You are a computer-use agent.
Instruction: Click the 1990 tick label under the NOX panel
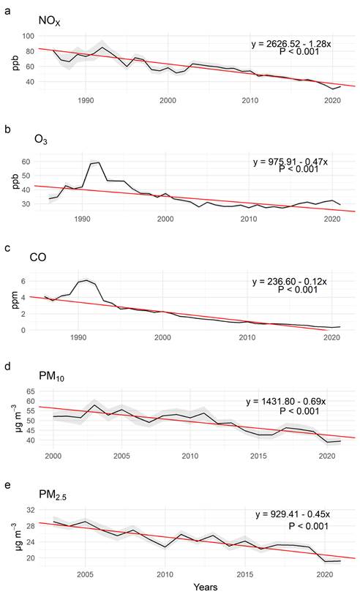(84, 100)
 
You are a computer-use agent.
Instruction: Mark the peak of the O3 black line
(98, 162)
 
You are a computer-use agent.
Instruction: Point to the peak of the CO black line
(87, 279)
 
